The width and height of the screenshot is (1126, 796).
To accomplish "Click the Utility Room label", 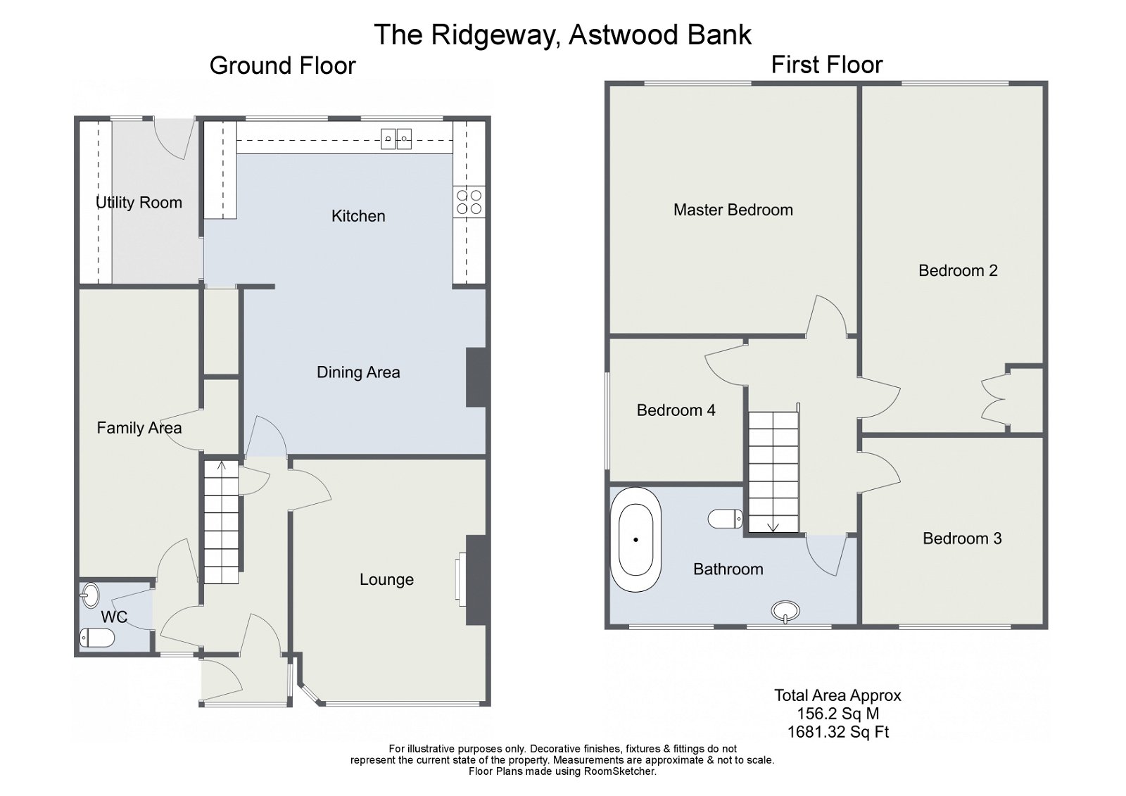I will point(139,203).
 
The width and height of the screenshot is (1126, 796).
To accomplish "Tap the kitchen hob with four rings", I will point(469,202).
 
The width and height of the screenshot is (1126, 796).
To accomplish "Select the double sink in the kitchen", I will point(396,139).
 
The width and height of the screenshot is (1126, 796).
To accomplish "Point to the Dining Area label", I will point(358,372).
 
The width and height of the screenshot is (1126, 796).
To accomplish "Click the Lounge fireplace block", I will point(476,580).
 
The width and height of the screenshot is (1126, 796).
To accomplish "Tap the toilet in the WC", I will point(97,638).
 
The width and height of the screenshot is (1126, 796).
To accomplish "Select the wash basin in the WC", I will point(89,595).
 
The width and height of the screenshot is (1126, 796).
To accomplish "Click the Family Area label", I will point(139,428).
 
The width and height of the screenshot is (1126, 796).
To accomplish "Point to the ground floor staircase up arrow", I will point(222,465).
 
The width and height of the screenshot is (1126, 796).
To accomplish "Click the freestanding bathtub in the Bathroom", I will point(635,539).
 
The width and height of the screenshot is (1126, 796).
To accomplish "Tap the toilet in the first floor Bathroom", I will point(725,519).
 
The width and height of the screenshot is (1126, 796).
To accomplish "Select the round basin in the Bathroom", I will point(785,610).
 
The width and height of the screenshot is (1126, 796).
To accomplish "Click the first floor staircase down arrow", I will point(773,525).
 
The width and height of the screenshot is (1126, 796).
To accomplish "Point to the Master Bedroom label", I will point(733,210).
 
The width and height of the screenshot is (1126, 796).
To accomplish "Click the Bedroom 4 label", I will point(676,410).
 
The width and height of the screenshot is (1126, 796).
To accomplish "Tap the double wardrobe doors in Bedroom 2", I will point(994,399).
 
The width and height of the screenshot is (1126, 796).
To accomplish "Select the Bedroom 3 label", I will point(962,538).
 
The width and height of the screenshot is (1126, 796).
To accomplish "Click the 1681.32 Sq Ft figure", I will point(837,732).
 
